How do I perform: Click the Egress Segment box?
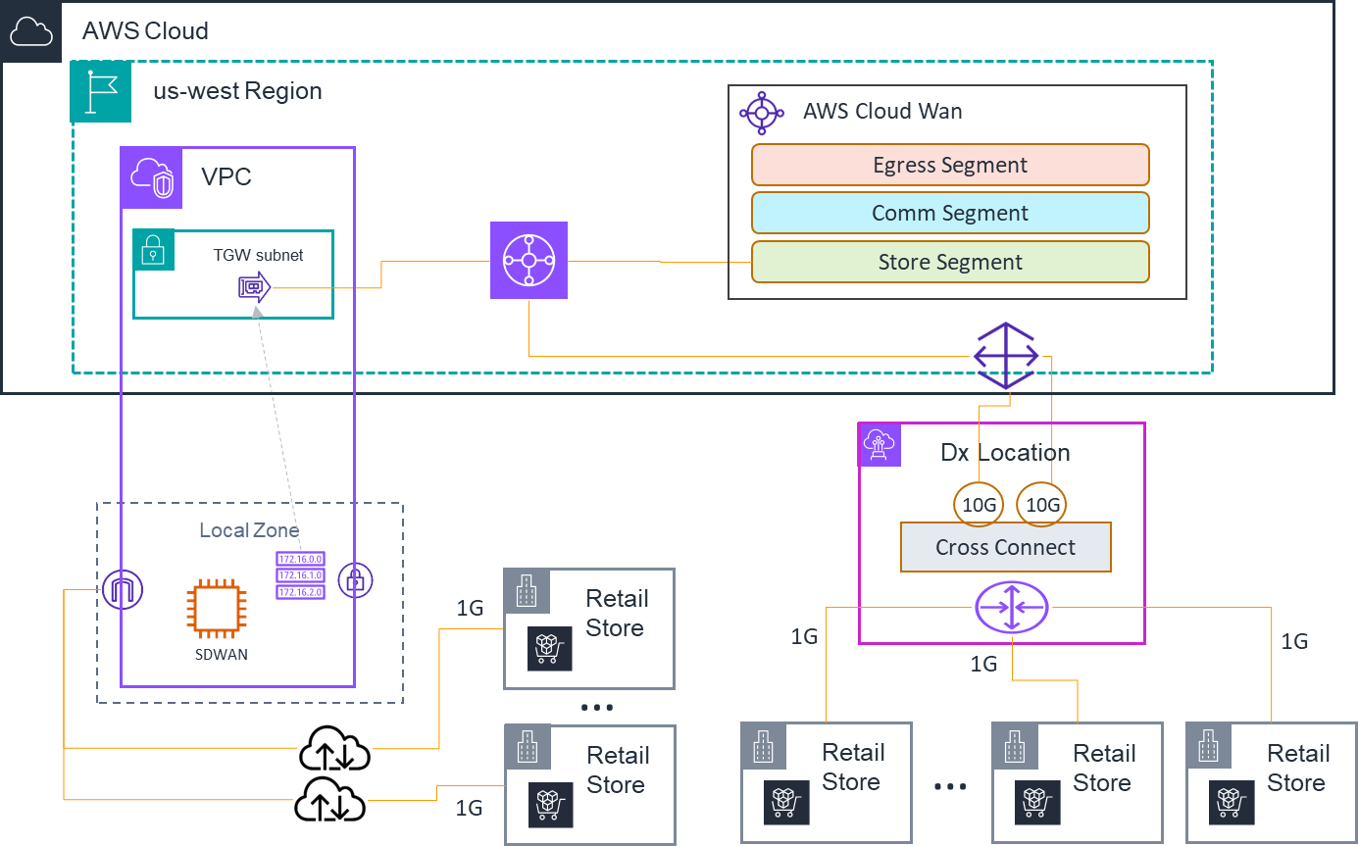coord(949,165)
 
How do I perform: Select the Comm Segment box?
coord(949,213)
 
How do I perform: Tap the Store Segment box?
coord(949,262)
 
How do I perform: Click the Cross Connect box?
coord(1005,547)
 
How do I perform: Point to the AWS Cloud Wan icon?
coord(762,113)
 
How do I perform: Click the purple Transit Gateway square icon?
coord(528,260)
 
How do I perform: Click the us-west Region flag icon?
coord(100,92)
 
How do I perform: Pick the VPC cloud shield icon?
coord(151,178)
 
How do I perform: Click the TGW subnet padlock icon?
coord(154,250)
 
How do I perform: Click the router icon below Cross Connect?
coord(1011,607)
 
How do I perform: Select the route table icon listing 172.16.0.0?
coord(300,574)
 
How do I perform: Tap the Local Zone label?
coord(249,530)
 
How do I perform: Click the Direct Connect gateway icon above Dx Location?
coord(1005,355)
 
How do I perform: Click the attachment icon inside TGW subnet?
coord(254,287)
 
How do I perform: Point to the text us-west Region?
coord(237,91)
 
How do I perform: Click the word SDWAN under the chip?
coord(221,654)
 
